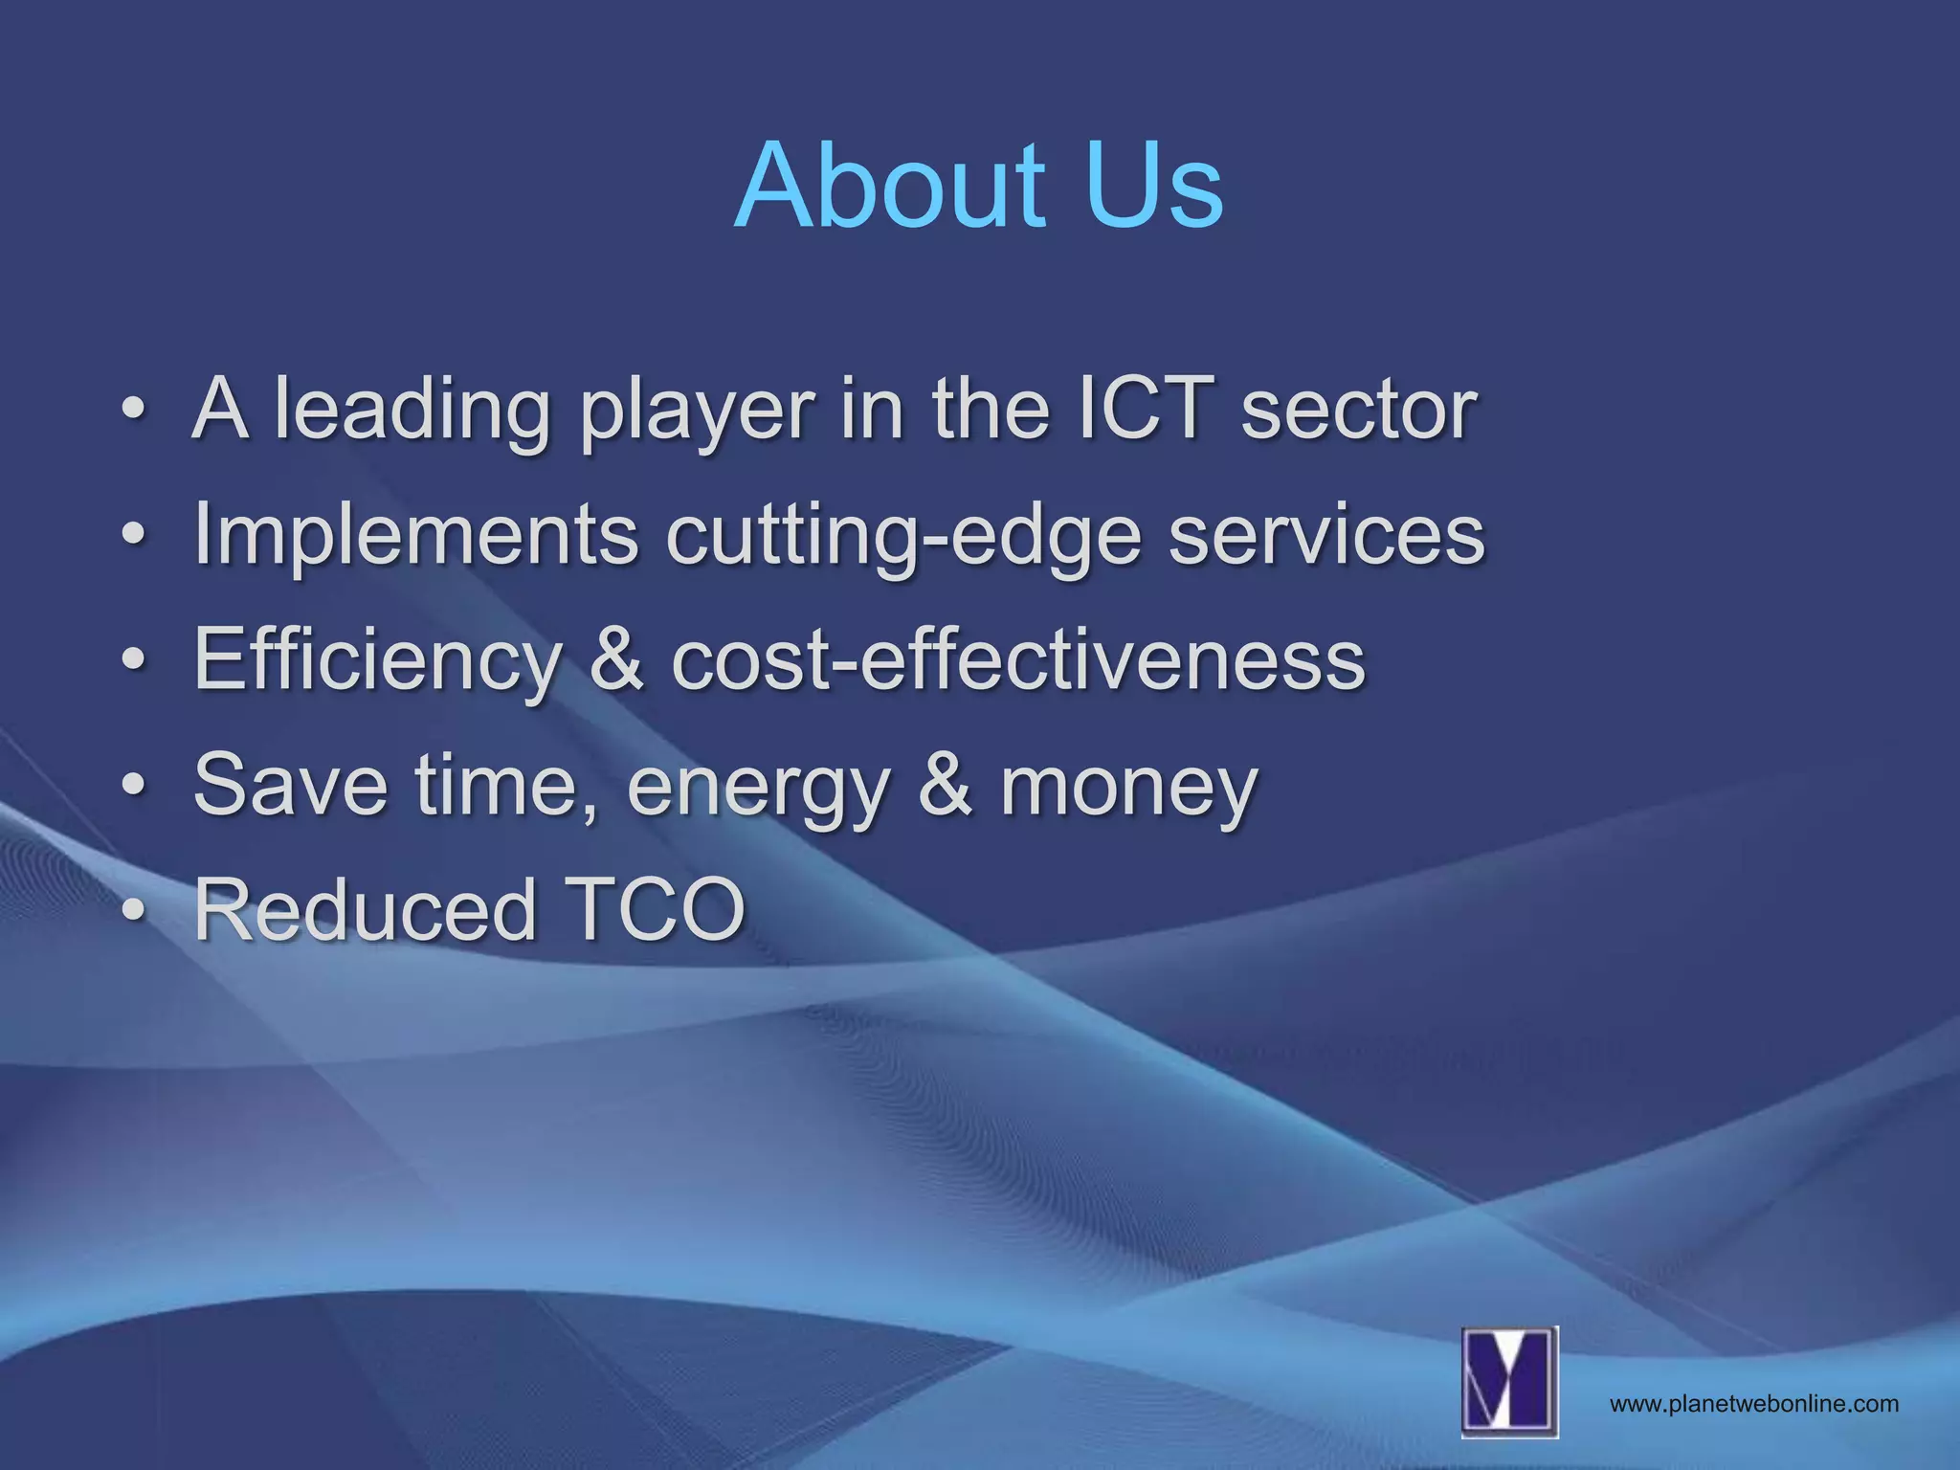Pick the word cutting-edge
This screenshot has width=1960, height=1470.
902,536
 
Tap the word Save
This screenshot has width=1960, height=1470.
290,784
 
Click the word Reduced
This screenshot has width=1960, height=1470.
364,909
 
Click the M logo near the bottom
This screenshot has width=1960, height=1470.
1509,1381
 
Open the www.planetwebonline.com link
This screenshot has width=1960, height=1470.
1753,1404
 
